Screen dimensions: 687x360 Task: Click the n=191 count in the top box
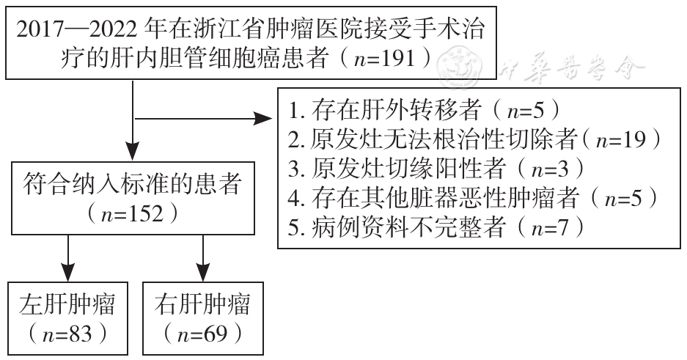tap(383, 59)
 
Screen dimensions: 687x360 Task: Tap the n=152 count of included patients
tap(132, 214)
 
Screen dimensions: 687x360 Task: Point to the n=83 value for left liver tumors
tap(67, 334)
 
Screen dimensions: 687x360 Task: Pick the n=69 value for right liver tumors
tap(203, 334)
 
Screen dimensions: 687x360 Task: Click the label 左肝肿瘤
tap(67, 305)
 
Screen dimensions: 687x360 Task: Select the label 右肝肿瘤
tap(202, 305)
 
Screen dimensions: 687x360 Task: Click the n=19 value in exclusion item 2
tap(621, 140)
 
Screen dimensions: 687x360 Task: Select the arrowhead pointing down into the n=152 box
tap(132, 152)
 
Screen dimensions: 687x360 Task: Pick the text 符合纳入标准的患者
tap(132, 184)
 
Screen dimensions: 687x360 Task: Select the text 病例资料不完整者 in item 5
tap(409, 228)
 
